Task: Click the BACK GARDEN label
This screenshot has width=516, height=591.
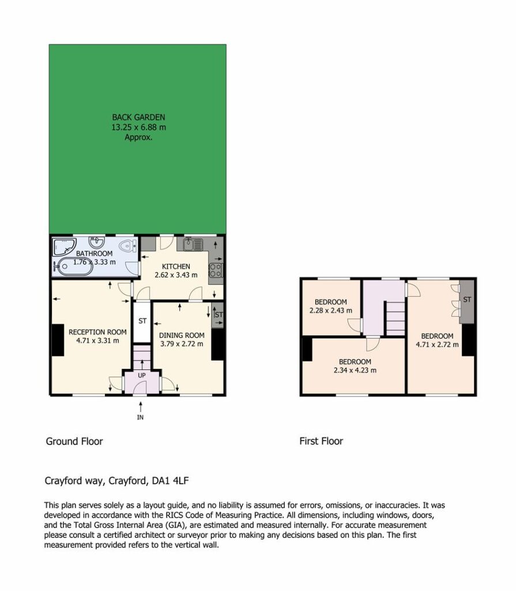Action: [x=138, y=117]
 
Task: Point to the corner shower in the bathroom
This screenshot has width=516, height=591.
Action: [x=64, y=247]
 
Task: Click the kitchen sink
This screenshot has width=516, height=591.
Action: [x=193, y=244]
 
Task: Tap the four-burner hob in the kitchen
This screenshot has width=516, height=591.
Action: [x=216, y=270]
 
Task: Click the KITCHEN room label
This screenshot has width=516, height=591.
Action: [x=176, y=267]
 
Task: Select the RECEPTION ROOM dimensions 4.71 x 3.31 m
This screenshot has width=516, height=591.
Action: [x=97, y=341]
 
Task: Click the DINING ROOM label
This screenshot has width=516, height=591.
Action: [x=182, y=335]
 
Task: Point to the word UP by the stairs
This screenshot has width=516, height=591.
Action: [x=142, y=375]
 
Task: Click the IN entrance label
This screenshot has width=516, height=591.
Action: [x=140, y=417]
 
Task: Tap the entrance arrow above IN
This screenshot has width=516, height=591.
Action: [x=141, y=407]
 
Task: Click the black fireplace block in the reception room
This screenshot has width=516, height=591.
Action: [x=58, y=340]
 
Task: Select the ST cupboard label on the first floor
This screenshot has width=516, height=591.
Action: [x=467, y=300]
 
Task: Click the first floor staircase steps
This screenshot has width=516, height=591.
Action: [x=396, y=318]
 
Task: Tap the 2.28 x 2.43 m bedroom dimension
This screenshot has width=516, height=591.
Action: [x=331, y=311]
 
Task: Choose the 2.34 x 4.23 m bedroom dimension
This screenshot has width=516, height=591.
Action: [x=355, y=370]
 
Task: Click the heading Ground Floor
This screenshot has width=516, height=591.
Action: [x=74, y=442]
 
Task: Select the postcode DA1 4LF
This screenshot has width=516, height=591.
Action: [x=170, y=481]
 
